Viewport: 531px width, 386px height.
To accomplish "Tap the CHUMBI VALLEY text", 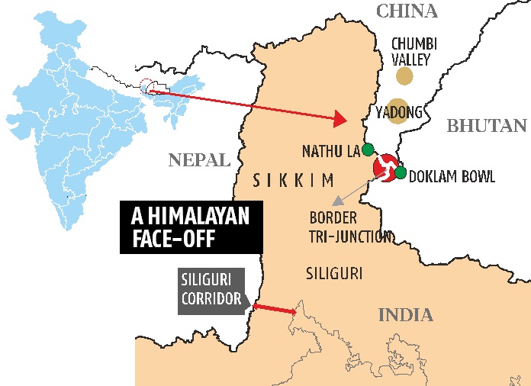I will tap(410, 51).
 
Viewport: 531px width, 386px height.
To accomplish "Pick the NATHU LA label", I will tap(330, 150).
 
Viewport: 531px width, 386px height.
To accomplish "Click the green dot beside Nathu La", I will tap(368, 149).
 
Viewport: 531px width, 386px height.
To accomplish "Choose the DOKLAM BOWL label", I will tap(452, 177).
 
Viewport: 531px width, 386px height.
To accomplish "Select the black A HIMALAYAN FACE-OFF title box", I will tap(189, 226).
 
